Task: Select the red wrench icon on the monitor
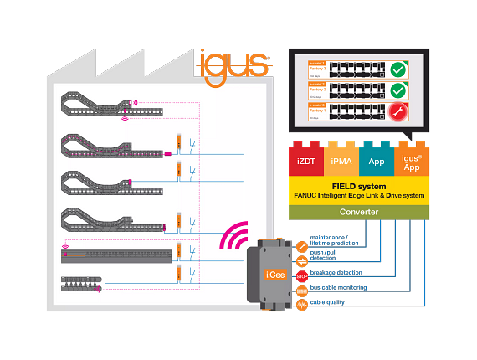point(399,111)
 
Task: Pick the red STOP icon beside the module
point(301,271)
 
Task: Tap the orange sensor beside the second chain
point(178,142)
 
